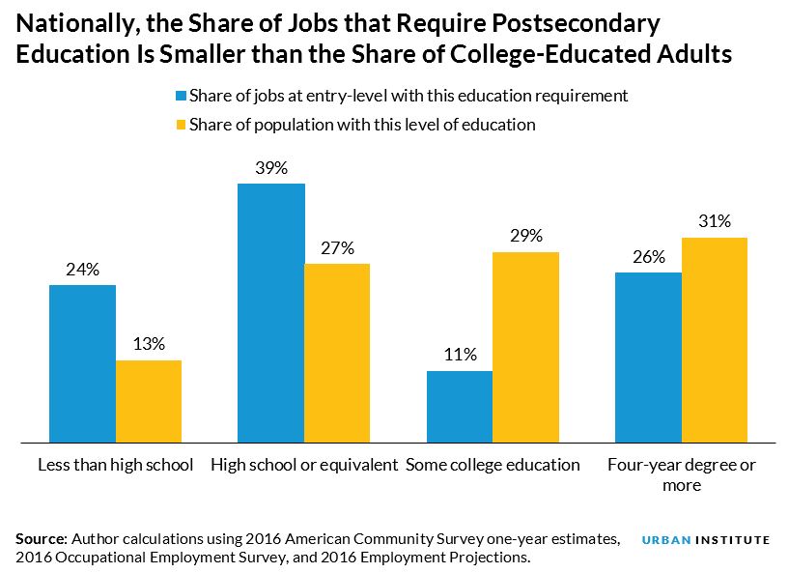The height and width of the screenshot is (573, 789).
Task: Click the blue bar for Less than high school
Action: pos(82,363)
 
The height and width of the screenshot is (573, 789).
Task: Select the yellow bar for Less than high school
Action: pos(149,401)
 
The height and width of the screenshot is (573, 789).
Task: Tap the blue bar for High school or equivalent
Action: pos(271,313)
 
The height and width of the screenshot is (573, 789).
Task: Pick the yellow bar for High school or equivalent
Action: pos(337,353)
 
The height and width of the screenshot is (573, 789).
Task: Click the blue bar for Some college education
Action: pos(460,407)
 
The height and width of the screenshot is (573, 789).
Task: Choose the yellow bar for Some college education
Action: pos(525,347)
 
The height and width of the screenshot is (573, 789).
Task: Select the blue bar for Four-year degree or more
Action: pos(649,358)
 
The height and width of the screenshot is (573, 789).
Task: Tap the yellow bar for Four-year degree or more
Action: pos(715,340)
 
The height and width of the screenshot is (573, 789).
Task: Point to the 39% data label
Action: pos(271,168)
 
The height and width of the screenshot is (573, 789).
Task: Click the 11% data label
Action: pos(460,355)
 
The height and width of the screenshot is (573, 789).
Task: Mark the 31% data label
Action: pos(715,221)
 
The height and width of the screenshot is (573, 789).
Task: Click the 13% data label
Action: pos(149,343)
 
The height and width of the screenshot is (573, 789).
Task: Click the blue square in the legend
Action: pos(180,96)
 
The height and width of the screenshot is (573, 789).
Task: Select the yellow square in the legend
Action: pos(180,125)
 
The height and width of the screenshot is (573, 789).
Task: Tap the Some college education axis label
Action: pos(493,465)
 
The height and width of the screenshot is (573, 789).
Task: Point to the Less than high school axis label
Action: pos(115,465)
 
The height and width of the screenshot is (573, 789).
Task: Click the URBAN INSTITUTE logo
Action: pos(706,540)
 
